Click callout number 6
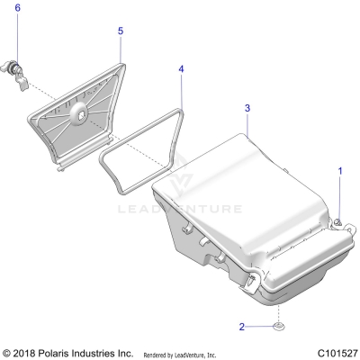[16, 8]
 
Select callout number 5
[120, 30]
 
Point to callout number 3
[247, 108]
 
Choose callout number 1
[340, 169]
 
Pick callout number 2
[241, 326]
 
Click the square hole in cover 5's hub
[79, 112]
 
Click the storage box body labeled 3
[243, 207]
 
